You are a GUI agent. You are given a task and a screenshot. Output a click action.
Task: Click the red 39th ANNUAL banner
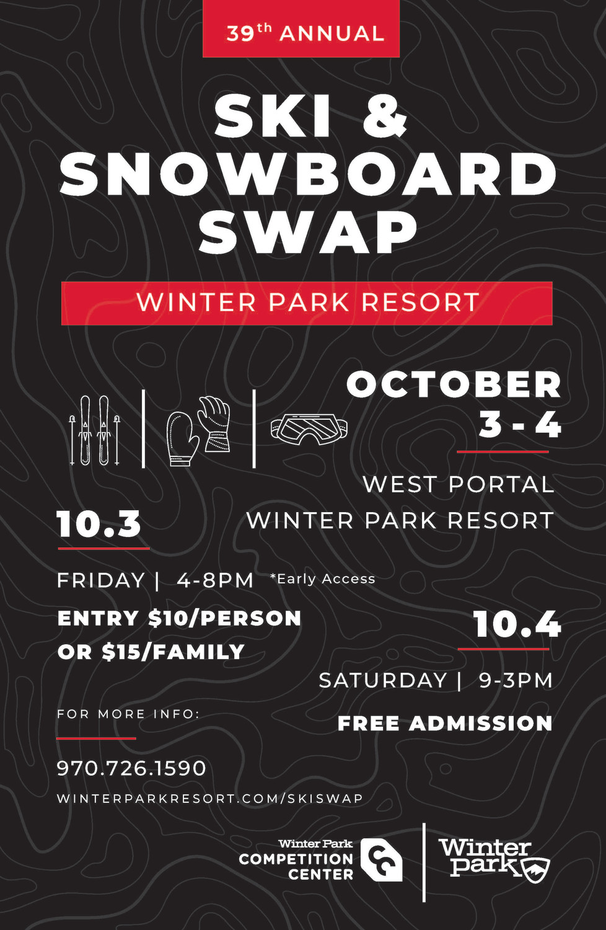[301, 29]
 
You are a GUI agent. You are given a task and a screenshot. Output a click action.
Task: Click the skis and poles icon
[94, 430]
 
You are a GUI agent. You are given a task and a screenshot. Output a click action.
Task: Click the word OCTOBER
[454, 384]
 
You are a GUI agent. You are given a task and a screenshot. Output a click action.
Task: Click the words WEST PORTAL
[459, 484]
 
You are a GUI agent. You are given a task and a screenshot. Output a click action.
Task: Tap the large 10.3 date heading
[99, 524]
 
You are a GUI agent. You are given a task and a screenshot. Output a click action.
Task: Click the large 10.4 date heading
[517, 624]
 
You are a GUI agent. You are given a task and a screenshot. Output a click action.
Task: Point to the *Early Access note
[322, 578]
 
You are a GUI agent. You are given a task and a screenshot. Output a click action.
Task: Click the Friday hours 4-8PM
[215, 580]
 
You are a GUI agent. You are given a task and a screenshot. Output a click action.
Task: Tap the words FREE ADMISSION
[445, 724]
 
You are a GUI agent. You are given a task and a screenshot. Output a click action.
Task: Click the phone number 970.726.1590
[131, 768]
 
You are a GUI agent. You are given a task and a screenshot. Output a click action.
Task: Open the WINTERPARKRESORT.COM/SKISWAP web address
[209, 799]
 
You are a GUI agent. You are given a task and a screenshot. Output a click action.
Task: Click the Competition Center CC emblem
[380, 859]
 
